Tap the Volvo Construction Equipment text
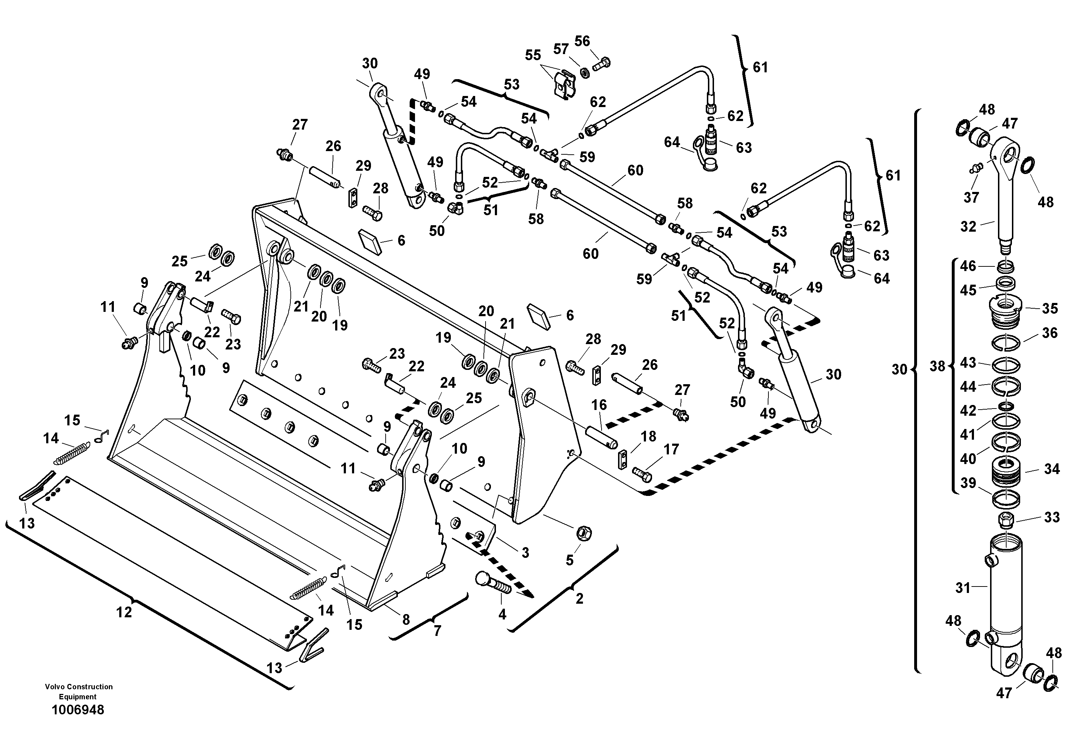tap(78, 691)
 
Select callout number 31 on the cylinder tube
tap(963, 588)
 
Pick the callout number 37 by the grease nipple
tap(971, 197)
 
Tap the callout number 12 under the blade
tap(124, 612)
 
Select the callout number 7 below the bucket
tap(437, 631)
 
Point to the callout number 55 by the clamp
tap(532, 55)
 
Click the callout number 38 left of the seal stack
tap(937, 366)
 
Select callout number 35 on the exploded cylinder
tap(1050, 308)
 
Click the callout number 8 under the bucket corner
tap(406, 619)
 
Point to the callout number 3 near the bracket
tap(525, 552)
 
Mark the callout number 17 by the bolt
tap(671, 449)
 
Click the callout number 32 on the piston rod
tap(968, 227)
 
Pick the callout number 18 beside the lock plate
tap(648, 436)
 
